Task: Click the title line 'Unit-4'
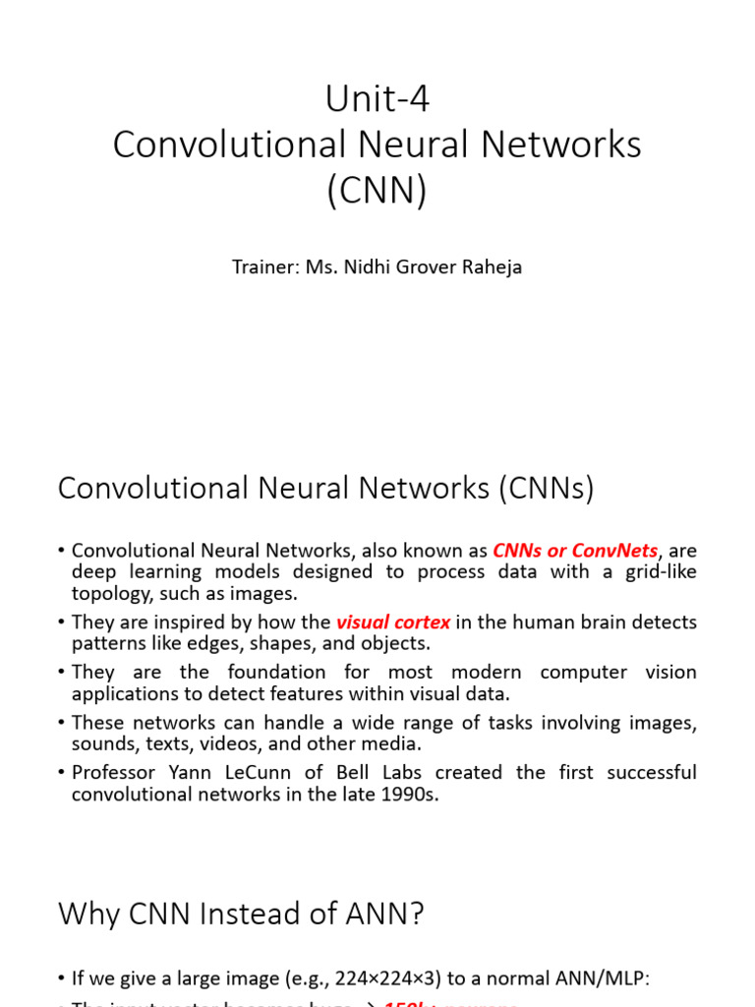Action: click(x=377, y=99)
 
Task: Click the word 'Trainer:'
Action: click(x=264, y=267)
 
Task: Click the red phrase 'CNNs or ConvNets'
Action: click(x=575, y=551)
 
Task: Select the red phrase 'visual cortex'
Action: click(x=393, y=622)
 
